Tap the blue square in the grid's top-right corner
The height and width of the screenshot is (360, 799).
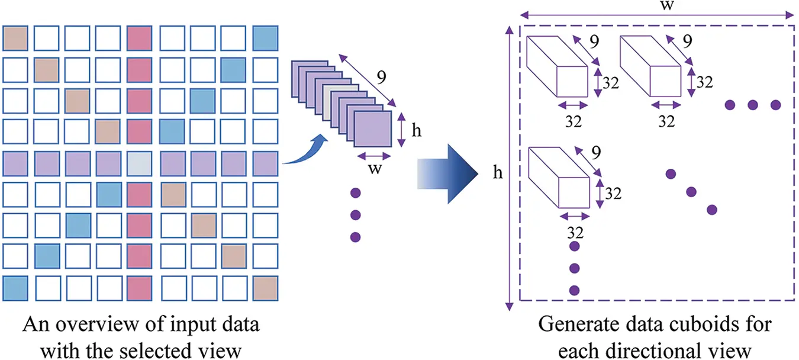(x=265, y=38)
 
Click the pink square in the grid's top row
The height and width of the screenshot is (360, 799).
(x=139, y=38)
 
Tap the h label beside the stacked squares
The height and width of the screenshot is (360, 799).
(x=417, y=130)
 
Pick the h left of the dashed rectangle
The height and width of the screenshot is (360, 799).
(x=498, y=172)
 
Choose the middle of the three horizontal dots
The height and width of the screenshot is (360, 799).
(x=752, y=105)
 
